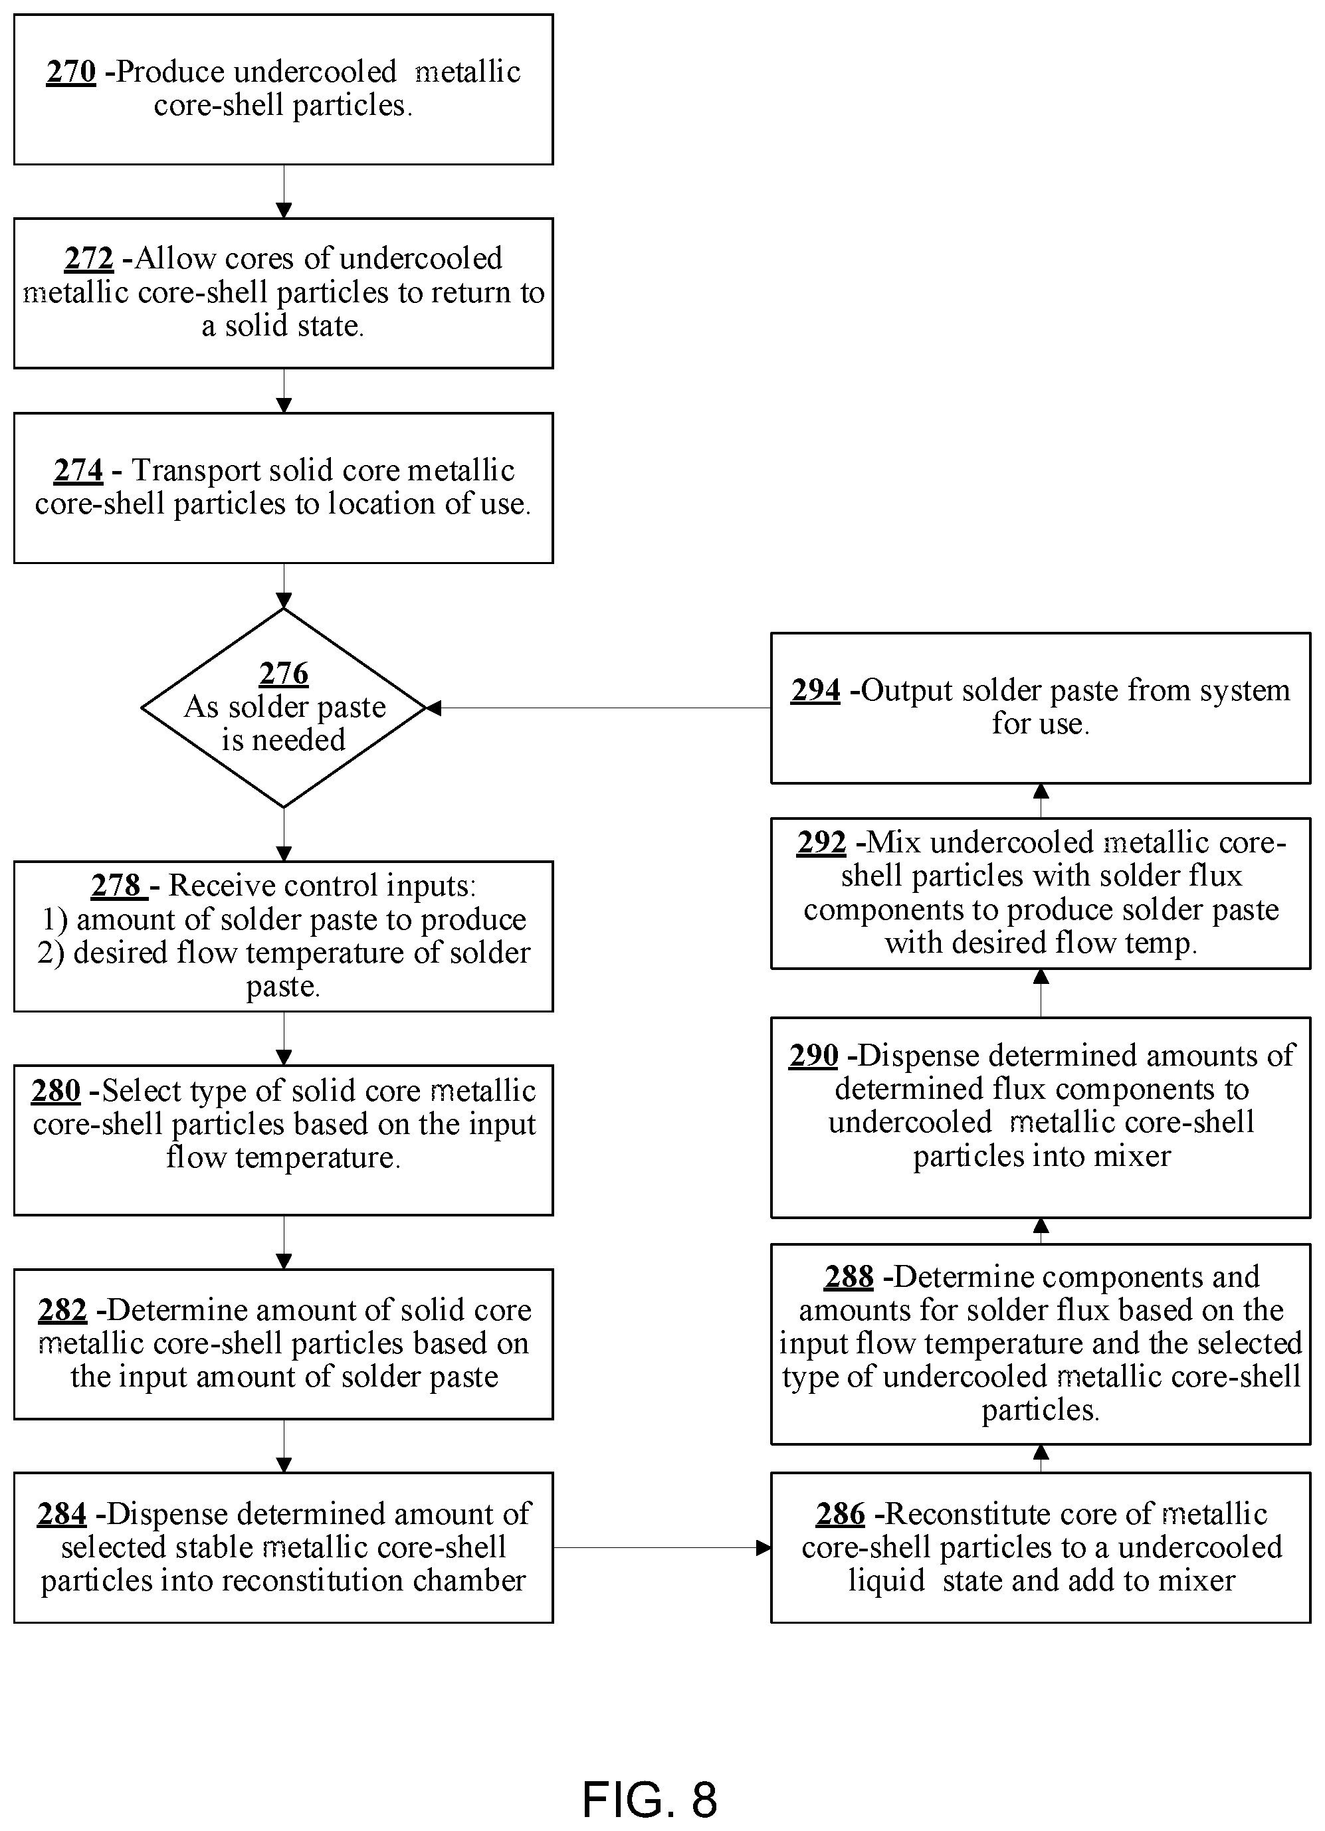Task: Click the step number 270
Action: tap(71, 72)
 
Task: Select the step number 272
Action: tap(89, 258)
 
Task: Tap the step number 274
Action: tap(78, 470)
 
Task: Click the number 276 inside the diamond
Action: tap(284, 672)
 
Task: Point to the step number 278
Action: tap(116, 886)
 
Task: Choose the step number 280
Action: tap(56, 1091)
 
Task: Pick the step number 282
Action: tap(62, 1309)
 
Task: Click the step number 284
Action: tap(61, 1513)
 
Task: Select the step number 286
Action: tap(841, 1513)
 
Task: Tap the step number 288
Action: tap(849, 1276)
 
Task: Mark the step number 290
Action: tap(814, 1055)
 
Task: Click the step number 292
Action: tap(821, 842)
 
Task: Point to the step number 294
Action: tap(815, 690)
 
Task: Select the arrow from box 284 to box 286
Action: tap(662, 1547)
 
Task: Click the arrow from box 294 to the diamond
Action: tap(598, 708)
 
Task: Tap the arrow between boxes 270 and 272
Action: tap(284, 191)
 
